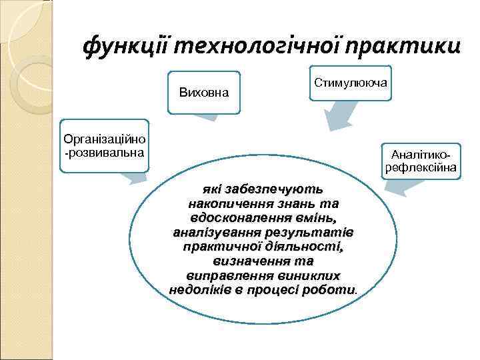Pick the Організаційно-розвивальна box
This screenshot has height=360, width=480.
pyautogui.click(x=104, y=145)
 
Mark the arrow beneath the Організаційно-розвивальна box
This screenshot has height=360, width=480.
pyautogui.click(x=137, y=176)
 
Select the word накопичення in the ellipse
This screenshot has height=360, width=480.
pyautogui.click(x=233, y=203)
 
